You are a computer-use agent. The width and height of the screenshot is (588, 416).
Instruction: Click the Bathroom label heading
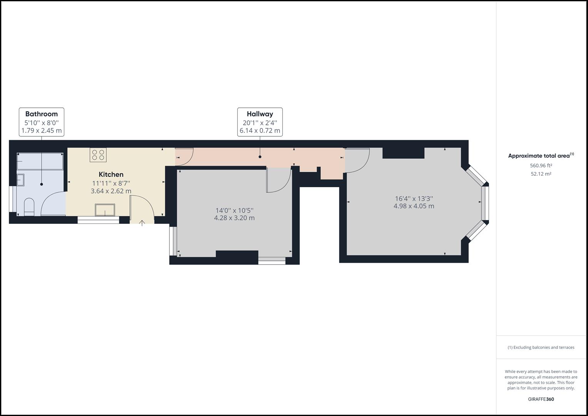click(x=42, y=114)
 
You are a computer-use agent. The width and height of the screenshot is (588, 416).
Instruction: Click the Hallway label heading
click(x=260, y=114)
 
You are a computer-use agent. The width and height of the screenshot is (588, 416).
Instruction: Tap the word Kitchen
click(x=111, y=174)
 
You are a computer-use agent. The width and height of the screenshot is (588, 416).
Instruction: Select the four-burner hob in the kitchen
click(x=98, y=155)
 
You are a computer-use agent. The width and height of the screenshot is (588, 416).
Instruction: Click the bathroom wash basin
click(x=20, y=180)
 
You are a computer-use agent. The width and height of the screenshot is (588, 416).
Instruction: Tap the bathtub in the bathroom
click(x=40, y=161)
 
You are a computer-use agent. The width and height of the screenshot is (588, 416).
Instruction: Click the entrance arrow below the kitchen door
click(x=142, y=223)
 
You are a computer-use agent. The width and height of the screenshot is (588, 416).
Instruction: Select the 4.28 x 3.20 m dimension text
click(x=234, y=218)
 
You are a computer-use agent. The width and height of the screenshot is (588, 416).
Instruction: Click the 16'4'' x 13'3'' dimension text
click(x=414, y=199)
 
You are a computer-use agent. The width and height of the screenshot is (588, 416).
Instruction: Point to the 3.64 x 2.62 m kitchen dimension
click(x=111, y=191)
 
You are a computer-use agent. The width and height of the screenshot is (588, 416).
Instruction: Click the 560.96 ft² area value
click(x=541, y=166)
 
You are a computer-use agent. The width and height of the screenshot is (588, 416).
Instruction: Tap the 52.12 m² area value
click(x=541, y=174)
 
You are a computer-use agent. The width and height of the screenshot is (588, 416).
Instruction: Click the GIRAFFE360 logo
click(x=541, y=399)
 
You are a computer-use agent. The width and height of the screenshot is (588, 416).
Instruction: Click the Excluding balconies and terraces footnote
click(x=541, y=347)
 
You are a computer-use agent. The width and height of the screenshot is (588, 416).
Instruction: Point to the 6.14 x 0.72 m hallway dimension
click(x=260, y=131)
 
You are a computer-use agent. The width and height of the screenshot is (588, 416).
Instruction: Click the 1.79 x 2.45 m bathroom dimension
click(x=42, y=131)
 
